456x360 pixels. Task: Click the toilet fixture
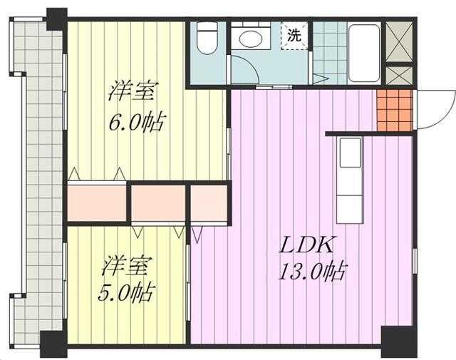(207, 38)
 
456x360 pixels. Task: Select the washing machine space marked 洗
(294, 36)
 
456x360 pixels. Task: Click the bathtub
(364, 53)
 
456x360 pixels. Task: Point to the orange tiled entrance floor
(395, 110)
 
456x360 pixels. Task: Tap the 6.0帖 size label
(138, 122)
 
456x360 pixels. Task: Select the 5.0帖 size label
(125, 293)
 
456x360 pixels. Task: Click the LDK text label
(306, 245)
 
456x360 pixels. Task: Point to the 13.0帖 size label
(312, 272)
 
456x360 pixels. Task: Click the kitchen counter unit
(350, 180)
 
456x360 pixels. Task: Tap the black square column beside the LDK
(399, 342)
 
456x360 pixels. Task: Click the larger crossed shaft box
(399, 41)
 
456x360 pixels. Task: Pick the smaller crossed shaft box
(399, 75)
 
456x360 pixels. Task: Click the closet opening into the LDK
(209, 203)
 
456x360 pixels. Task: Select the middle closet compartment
(158, 203)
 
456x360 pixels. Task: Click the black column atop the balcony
(57, 19)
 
